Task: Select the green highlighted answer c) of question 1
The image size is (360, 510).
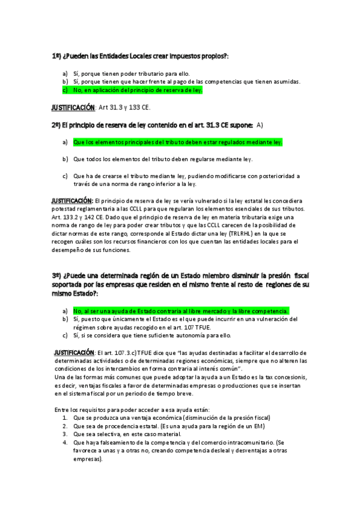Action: click(138, 90)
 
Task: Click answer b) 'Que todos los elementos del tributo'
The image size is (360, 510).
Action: click(162, 159)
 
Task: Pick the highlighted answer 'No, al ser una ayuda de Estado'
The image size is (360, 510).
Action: click(180, 311)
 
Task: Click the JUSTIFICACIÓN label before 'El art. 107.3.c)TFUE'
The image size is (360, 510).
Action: click(73, 352)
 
